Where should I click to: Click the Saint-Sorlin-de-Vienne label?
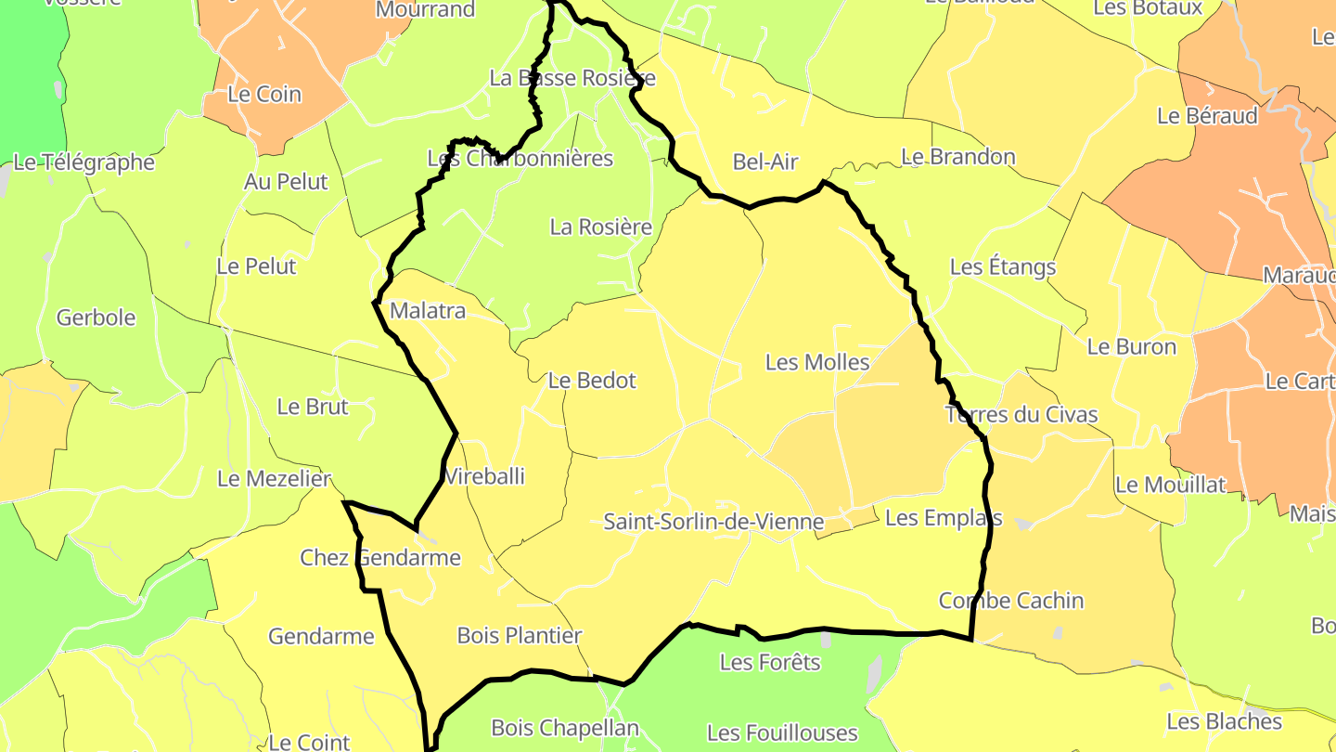point(713,522)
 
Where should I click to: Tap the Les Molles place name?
point(817,362)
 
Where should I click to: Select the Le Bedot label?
point(592,381)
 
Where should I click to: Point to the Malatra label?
point(428,311)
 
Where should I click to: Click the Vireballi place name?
point(484,477)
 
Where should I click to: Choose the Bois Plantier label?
point(520,636)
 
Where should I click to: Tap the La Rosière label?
point(601,227)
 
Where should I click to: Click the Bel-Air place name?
point(765,162)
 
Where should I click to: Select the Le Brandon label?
point(958,157)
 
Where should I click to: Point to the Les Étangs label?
point(1003,267)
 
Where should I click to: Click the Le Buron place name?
point(1132,347)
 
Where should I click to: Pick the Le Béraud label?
point(1208,117)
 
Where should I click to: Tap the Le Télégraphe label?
point(84,162)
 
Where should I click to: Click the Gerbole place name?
point(96,318)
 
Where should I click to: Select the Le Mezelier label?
point(274,479)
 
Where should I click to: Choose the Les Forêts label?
point(770,663)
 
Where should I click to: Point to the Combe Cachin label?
point(1011,601)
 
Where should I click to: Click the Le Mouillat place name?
point(1171,485)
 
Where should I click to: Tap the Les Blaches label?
point(1225,722)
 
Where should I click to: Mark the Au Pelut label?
point(286,182)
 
